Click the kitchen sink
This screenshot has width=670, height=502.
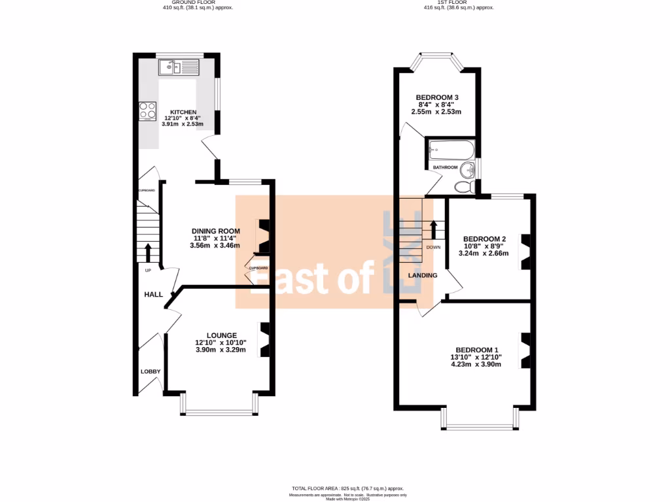click(179, 67)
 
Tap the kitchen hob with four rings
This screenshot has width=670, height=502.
click(147, 111)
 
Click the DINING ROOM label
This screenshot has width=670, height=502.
click(215, 231)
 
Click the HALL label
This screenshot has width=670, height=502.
click(153, 295)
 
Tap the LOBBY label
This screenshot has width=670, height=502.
click(150, 371)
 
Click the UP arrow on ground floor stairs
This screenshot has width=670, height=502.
click(147, 252)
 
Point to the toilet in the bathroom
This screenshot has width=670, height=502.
click(463, 187)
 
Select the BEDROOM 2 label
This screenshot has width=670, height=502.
click(484, 239)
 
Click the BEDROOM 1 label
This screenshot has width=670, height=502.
click(478, 349)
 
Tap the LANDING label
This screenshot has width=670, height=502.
click(423, 275)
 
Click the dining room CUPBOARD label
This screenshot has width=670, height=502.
click(258, 268)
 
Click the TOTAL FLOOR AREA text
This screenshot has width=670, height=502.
click(347, 488)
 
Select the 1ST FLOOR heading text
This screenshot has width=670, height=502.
click(449, 3)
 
